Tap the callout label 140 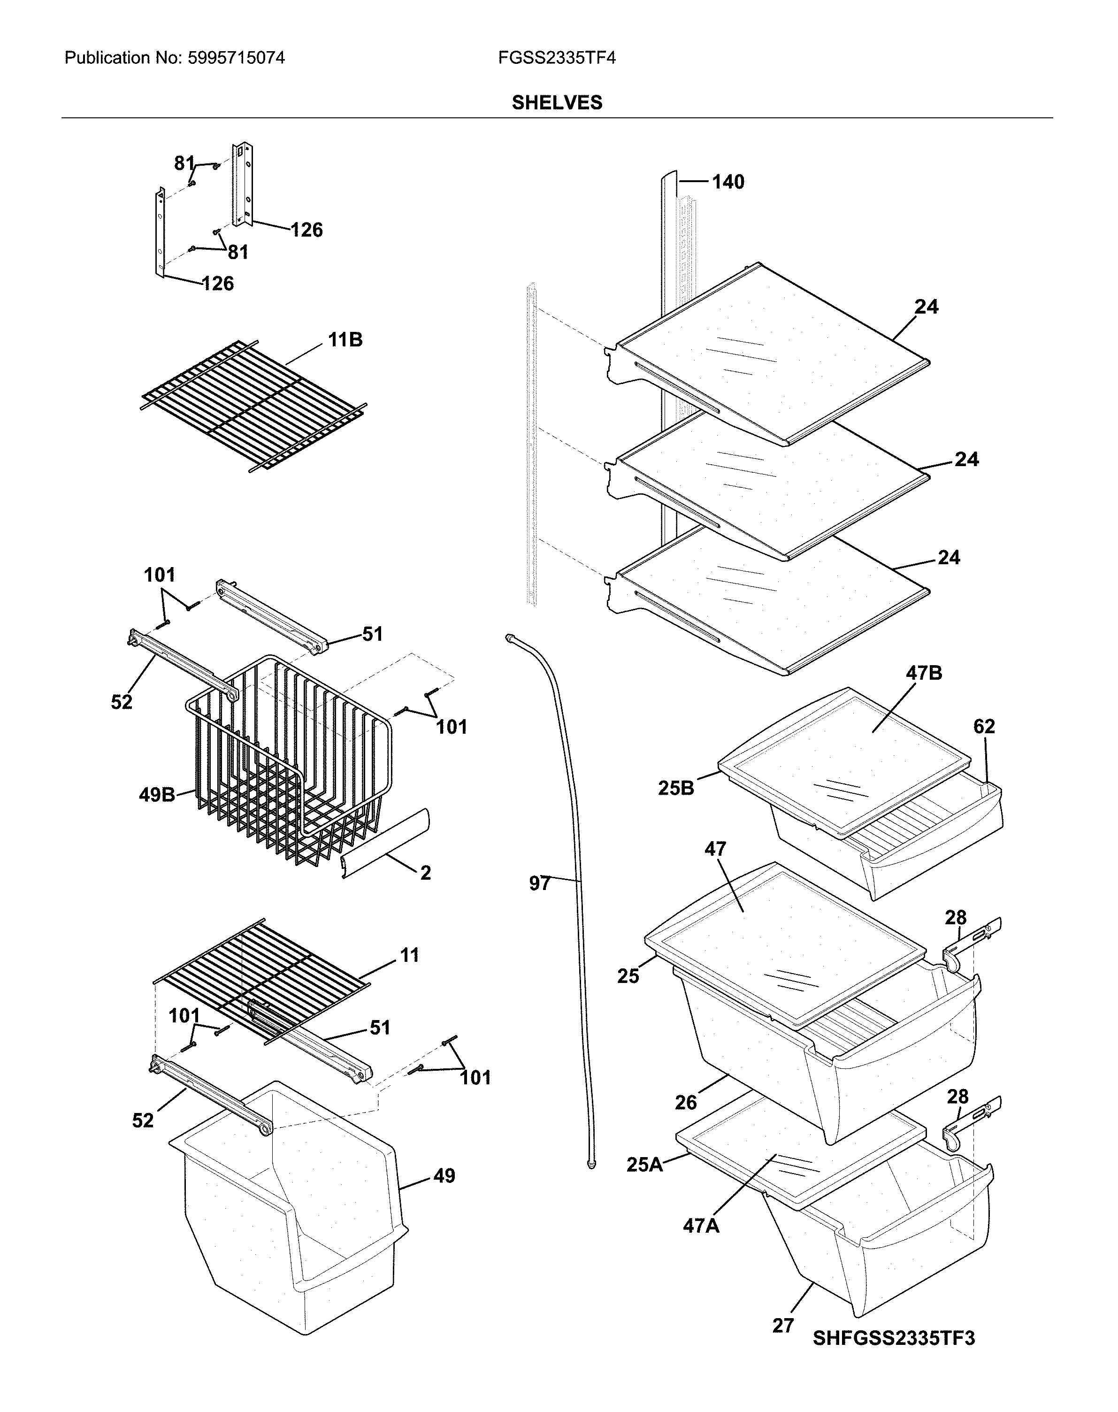click(x=728, y=182)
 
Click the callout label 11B click(x=345, y=340)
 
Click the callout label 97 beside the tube click(x=539, y=884)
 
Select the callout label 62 click(x=984, y=726)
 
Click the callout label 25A click(x=644, y=1165)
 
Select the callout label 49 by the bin click(x=444, y=1176)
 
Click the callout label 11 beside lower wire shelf click(x=409, y=955)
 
